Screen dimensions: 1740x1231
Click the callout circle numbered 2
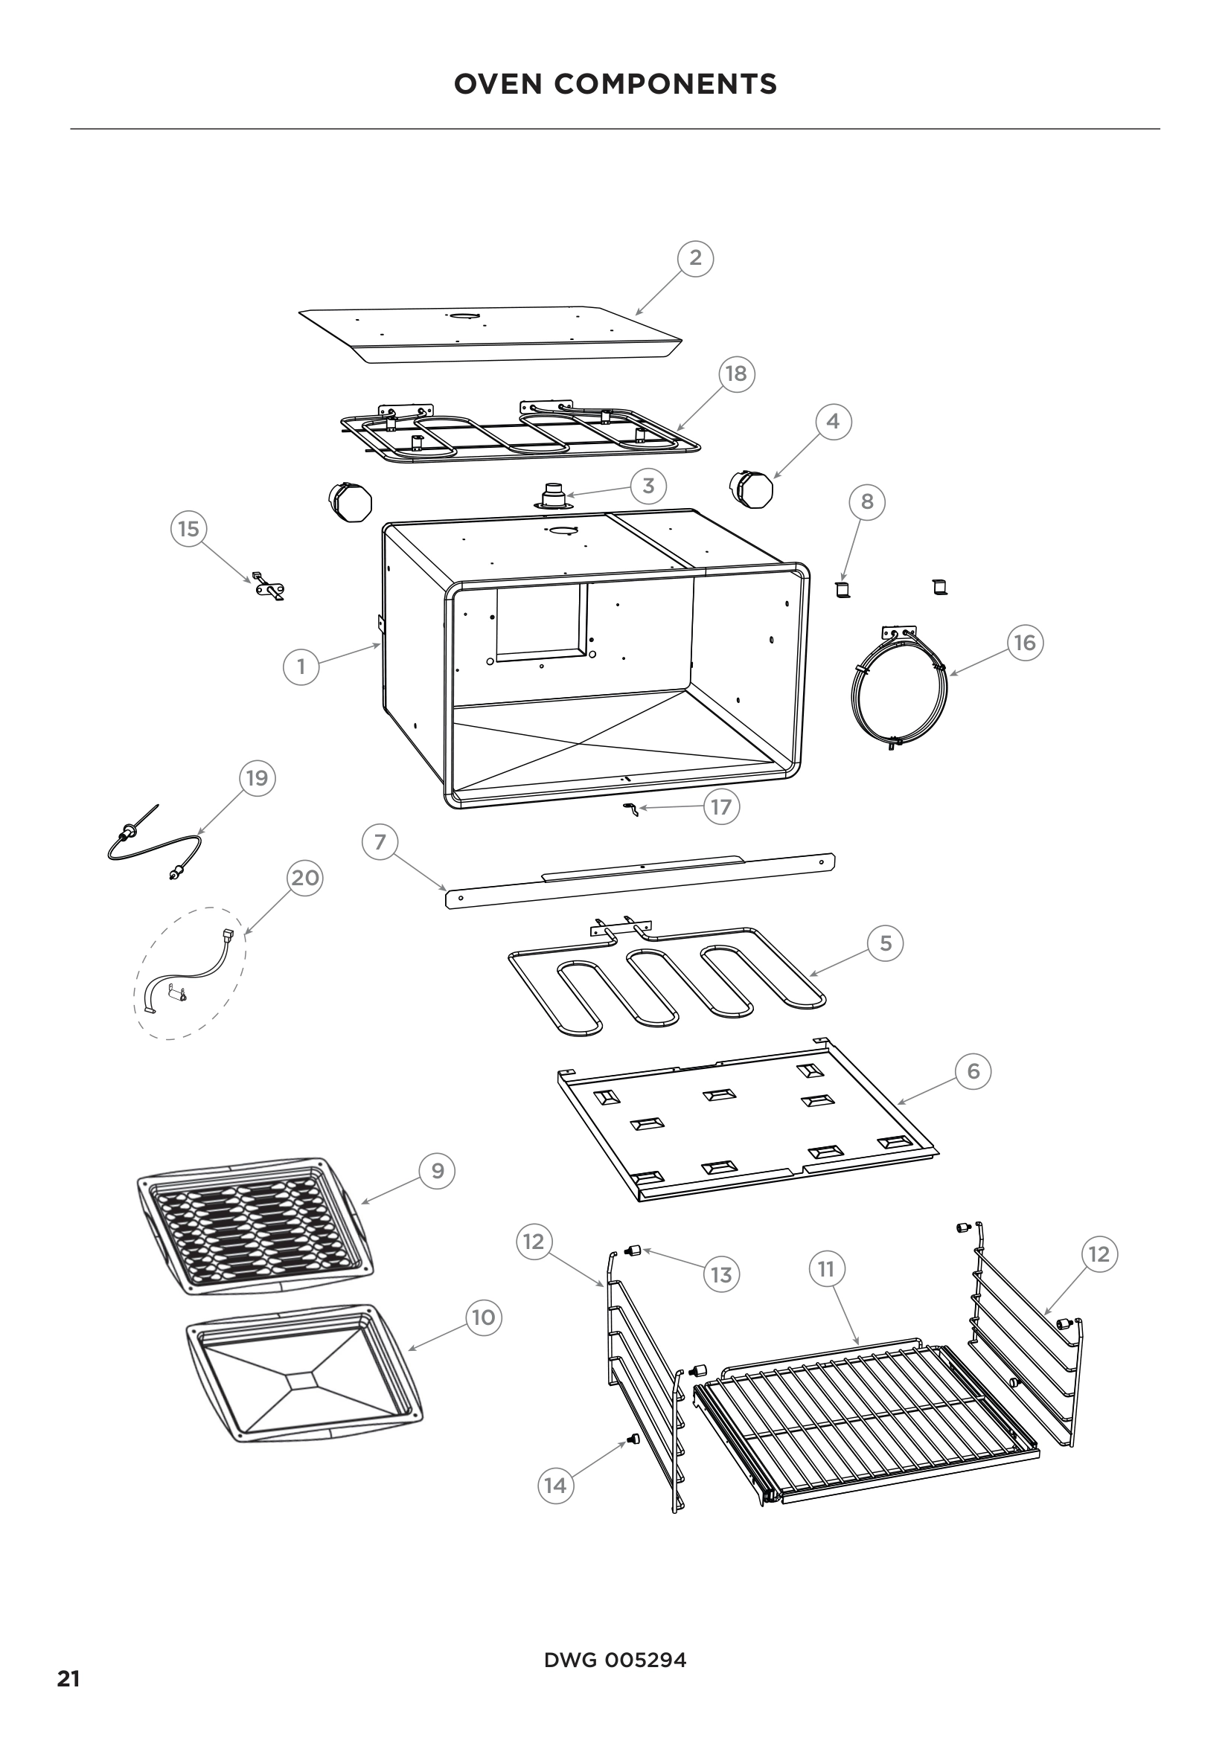(x=695, y=257)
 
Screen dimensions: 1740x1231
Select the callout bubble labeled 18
(x=736, y=373)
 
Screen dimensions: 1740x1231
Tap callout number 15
(x=189, y=528)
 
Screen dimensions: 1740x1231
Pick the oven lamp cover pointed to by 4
(x=749, y=489)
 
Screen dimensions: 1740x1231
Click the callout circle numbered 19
(x=257, y=778)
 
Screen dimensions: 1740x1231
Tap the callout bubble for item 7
(x=380, y=842)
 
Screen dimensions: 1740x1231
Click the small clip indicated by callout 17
(x=628, y=809)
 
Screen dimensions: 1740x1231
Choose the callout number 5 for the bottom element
(x=886, y=943)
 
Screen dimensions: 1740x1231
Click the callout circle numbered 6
(x=973, y=1070)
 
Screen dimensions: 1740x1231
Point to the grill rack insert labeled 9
(x=255, y=1225)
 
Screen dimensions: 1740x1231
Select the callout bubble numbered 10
(x=484, y=1317)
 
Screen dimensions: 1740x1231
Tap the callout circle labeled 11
(x=826, y=1268)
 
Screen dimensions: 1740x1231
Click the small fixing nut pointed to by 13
(x=633, y=1251)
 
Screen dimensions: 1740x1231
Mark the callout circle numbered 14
(x=556, y=1485)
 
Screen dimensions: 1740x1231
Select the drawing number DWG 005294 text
(x=615, y=1660)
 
